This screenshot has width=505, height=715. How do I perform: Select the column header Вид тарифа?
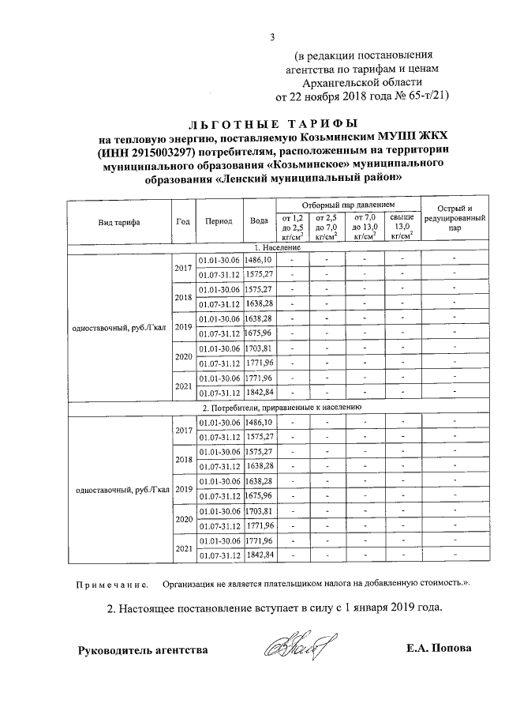(119, 222)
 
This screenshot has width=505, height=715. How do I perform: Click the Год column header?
(182, 222)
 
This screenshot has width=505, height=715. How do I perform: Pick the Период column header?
(219, 222)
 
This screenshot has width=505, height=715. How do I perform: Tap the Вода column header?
(258, 222)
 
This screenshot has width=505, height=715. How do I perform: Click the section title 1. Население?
(273, 248)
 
